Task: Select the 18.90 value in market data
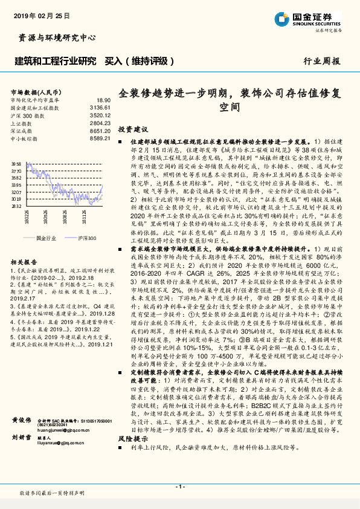click(104, 100)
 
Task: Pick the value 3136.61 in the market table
click(101, 107)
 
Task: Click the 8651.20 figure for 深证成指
click(101, 131)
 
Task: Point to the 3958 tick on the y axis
click(16, 164)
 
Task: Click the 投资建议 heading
click(133, 129)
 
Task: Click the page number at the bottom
click(179, 486)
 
